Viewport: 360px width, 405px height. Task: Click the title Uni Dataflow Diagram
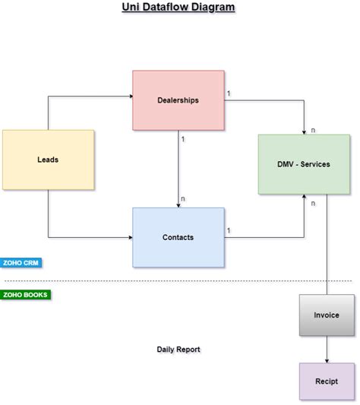179,8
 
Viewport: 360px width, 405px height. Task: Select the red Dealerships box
178,100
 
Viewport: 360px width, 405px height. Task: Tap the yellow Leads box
48,160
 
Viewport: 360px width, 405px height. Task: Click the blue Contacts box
178,237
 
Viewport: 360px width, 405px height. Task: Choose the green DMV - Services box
304,164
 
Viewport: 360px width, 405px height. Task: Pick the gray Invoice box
327,315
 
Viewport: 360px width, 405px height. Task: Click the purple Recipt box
327,380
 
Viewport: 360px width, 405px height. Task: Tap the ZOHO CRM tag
21,263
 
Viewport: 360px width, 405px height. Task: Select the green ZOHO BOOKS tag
26,295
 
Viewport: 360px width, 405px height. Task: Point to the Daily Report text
178,350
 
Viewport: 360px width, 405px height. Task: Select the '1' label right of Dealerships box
229,93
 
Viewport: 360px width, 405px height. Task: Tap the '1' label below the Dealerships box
183,138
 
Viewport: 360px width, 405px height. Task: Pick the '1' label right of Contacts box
229,230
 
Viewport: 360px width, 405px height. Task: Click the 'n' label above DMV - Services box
313,130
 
